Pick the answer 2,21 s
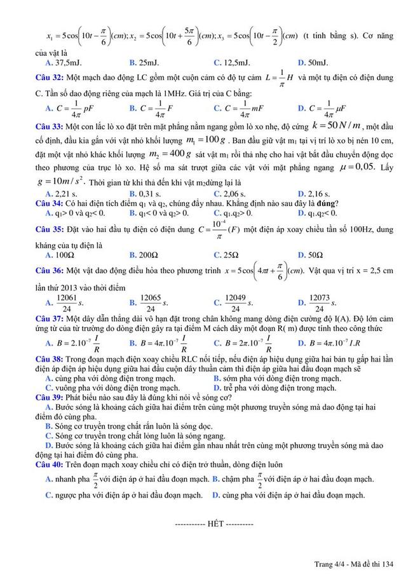pos(66,193)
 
